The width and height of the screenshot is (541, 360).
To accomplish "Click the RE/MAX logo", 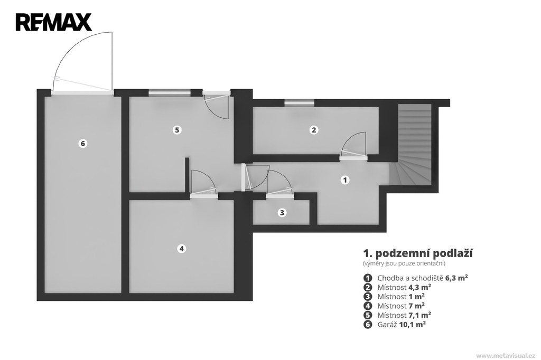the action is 53,22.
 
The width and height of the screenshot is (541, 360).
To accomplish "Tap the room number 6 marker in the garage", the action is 82,143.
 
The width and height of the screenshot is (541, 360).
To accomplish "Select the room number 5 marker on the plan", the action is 177,130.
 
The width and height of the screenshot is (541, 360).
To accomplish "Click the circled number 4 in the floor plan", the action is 182,248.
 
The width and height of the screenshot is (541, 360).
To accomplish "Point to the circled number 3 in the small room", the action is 282,213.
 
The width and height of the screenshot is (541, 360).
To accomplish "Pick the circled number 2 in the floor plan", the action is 314,130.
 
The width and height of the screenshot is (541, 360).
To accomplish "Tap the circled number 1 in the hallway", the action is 345,179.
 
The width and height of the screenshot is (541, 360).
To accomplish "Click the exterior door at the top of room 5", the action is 216,105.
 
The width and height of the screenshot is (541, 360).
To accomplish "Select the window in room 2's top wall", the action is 299,102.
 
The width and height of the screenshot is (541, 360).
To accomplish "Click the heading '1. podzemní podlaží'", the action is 418,253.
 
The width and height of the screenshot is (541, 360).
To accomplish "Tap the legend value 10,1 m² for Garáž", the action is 412,324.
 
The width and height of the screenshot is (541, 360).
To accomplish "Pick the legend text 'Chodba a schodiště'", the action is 410,278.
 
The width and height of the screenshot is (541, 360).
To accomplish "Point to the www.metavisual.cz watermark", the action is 506,355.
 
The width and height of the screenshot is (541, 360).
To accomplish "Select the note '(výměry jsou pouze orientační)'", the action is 404,263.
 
